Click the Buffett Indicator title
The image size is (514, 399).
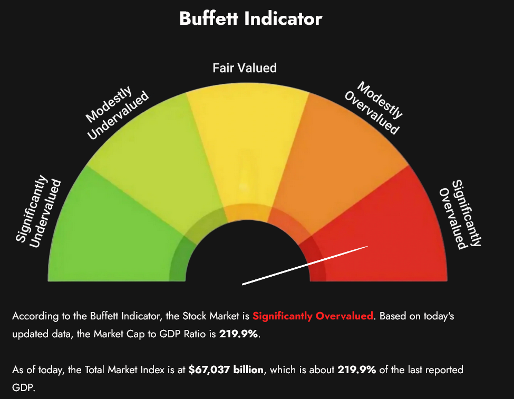coord(250,19)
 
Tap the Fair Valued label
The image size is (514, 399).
coord(245,68)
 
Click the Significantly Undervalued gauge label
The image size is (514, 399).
coord(38,211)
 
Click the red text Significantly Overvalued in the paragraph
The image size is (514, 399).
coord(313,317)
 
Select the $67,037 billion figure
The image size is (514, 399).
coord(226,369)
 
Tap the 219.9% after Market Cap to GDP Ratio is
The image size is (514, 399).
coord(238,334)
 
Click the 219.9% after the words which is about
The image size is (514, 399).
coord(357,369)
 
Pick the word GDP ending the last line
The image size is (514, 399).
coord(22,387)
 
